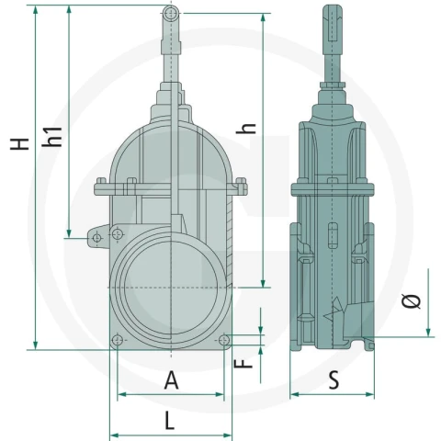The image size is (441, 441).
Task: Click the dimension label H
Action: (x=19, y=143)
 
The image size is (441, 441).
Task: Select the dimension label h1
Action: (x=52, y=137)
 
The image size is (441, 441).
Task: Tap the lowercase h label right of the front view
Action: (x=246, y=129)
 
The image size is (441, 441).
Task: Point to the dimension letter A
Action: (x=171, y=379)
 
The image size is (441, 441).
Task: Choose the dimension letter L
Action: (x=170, y=421)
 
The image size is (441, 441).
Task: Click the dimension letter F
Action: (x=243, y=364)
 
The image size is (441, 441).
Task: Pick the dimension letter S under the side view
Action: (x=334, y=379)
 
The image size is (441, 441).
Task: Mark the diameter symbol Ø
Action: (x=412, y=301)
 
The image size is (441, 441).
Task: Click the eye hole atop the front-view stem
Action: (x=171, y=13)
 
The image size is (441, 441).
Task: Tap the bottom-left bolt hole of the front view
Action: (x=118, y=340)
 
